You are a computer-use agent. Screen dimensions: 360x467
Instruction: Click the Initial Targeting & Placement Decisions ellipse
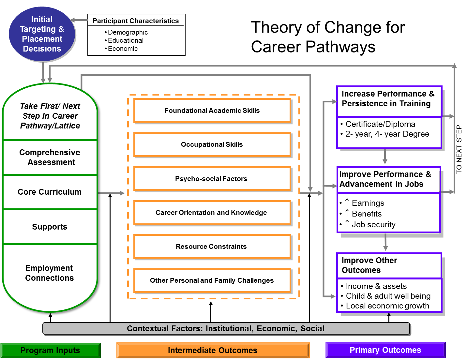click(x=42, y=34)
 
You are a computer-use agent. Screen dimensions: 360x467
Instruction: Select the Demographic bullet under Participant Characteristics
click(x=128, y=32)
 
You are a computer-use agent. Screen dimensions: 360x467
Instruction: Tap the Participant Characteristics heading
click(x=136, y=21)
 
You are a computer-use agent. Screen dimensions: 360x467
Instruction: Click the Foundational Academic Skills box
click(x=212, y=111)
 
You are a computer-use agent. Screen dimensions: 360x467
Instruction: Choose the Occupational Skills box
click(x=212, y=144)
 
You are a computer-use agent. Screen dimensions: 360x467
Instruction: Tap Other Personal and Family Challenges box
click(x=212, y=280)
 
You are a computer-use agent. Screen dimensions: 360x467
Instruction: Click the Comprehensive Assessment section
click(x=50, y=157)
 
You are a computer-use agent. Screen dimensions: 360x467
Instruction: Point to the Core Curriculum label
click(x=50, y=192)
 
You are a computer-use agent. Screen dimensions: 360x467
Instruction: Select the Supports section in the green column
click(x=50, y=227)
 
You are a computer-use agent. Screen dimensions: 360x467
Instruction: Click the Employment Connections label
click(x=50, y=273)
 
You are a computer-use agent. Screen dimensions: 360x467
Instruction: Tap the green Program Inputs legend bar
click(x=50, y=351)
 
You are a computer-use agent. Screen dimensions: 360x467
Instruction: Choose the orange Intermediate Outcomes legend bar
click(x=213, y=351)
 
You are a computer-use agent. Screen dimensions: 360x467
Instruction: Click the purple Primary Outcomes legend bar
click(x=385, y=350)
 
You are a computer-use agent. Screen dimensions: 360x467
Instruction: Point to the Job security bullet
click(x=373, y=225)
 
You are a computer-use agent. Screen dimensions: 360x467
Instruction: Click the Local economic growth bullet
click(x=387, y=306)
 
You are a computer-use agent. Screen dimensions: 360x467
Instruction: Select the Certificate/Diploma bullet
click(x=380, y=124)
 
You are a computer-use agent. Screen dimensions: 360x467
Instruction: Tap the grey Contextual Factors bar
click(x=226, y=329)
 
